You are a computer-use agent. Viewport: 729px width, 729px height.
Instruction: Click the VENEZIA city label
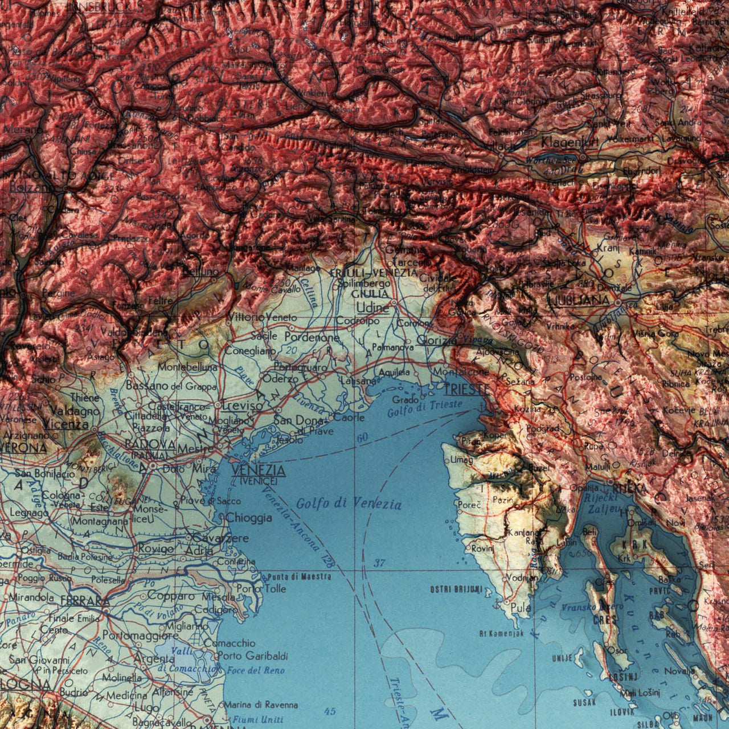click(259, 470)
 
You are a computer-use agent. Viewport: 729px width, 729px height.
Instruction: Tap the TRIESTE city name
click(466, 389)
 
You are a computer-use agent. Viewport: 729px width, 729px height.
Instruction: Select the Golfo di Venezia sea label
click(349, 503)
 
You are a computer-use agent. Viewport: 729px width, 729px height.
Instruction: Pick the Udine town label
click(373, 308)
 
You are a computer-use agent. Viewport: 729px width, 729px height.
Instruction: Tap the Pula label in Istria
click(521, 608)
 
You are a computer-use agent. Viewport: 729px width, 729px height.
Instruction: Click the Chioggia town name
click(249, 518)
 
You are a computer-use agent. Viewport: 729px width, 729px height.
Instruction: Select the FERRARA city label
click(85, 601)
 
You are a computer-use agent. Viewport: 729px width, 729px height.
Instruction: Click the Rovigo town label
click(156, 548)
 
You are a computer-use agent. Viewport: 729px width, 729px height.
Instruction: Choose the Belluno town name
click(200, 272)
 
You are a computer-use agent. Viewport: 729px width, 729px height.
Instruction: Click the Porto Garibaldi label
click(252, 656)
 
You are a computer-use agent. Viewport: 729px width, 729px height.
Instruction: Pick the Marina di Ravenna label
click(261, 705)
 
